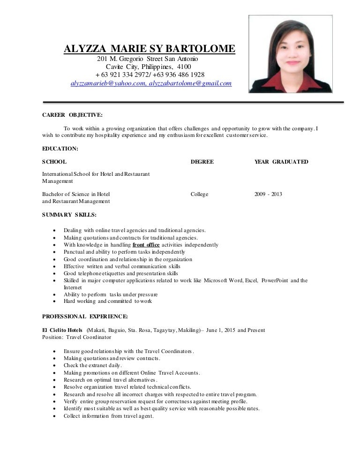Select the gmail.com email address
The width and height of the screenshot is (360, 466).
point(190,83)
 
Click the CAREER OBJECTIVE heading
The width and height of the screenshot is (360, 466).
point(72,114)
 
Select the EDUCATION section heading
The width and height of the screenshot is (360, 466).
point(60,149)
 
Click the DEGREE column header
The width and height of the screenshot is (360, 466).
point(202,162)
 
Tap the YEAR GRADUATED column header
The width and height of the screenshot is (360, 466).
point(281,162)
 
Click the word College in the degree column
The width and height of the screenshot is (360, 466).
point(200,194)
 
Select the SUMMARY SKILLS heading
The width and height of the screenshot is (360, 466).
point(69,215)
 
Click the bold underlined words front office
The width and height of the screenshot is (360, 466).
point(146,245)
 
